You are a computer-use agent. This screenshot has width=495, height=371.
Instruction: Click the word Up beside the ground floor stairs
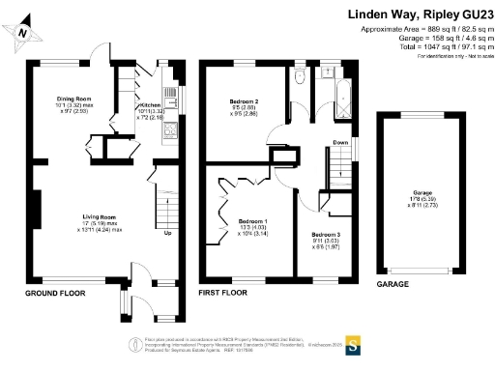[168, 234]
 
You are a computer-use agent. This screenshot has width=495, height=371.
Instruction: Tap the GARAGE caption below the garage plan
[393, 285]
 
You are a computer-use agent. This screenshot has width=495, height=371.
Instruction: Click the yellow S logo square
[354, 343]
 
